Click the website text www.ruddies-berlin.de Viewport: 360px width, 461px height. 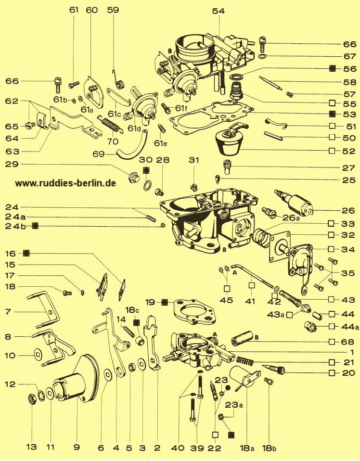[x=65, y=183]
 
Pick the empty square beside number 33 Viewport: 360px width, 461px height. [x=332, y=224]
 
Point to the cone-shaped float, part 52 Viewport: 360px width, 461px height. [x=230, y=141]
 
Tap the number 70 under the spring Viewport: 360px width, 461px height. [x=113, y=142]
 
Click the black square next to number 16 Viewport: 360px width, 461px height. [x=27, y=253]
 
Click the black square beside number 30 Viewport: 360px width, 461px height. [x=146, y=171]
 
